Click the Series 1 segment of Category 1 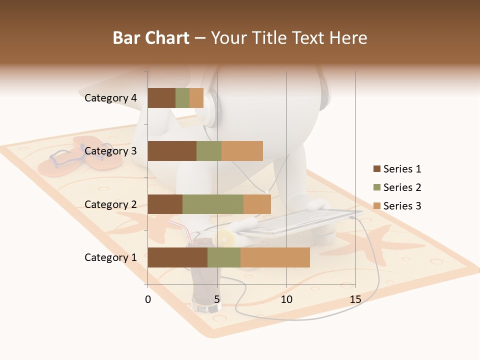point(177,257)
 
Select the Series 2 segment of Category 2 point(213,204)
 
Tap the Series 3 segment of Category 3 point(242,151)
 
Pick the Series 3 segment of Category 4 point(196,98)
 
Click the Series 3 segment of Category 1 point(275,257)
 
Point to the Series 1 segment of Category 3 point(172,151)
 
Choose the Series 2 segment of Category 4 point(182,98)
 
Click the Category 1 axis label point(110,257)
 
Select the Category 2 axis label point(110,204)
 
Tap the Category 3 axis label point(110,151)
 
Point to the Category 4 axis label point(110,98)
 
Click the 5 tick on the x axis point(217,299)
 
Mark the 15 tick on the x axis point(355,299)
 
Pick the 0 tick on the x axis point(148,299)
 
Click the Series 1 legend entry point(397,169)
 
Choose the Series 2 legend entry point(397,187)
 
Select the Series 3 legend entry point(397,206)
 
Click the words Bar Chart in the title point(151,38)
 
